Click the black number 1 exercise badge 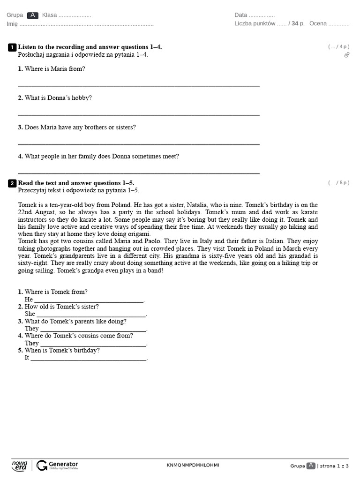pyautogui.click(x=12, y=47)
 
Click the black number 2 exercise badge pyautogui.click(x=12, y=183)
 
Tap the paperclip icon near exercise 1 pyautogui.click(x=346, y=55)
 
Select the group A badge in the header pyautogui.click(x=32, y=15)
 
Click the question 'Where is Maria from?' pyautogui.click(x=54, y=69)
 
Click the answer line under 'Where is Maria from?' pyautogui.click(x=138, y=86)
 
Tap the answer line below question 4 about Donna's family pyautogui.click(x=138, y=173)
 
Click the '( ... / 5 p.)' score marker pyautogui.click(x=338, y=183)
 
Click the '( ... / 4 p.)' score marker pyautogui.click(x=338, y=47)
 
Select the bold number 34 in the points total pyautogui.click(x=294, y=24)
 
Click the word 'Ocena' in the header pyautogui.click(x=318, y=24)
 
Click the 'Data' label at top pyautogui.click(x=240, y=15)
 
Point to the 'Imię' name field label pyautogui.click(x=12, y=24)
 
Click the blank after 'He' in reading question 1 pyautogui.click(x=89, y=300)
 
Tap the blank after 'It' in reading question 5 pyautogui.click(x=89, y=359)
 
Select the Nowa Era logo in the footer pyautogui.click(x=20, y=465)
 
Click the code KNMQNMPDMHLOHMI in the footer pyautogui.click(x=193, y=465)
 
